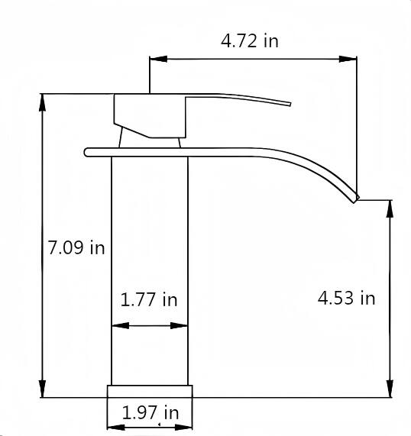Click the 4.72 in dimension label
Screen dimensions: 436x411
[x=249, y=40]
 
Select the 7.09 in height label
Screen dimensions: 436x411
[x=76, y=247]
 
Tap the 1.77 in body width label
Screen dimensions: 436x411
[x=149, y=299]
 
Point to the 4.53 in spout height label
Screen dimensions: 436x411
[x=346, y=298]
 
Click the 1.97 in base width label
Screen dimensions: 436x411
[x=150, y=413]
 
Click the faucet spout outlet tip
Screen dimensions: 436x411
[x=355, y=199]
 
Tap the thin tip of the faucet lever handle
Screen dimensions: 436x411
[x=289, y=102]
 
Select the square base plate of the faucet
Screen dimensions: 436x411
[x=150, y=391]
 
